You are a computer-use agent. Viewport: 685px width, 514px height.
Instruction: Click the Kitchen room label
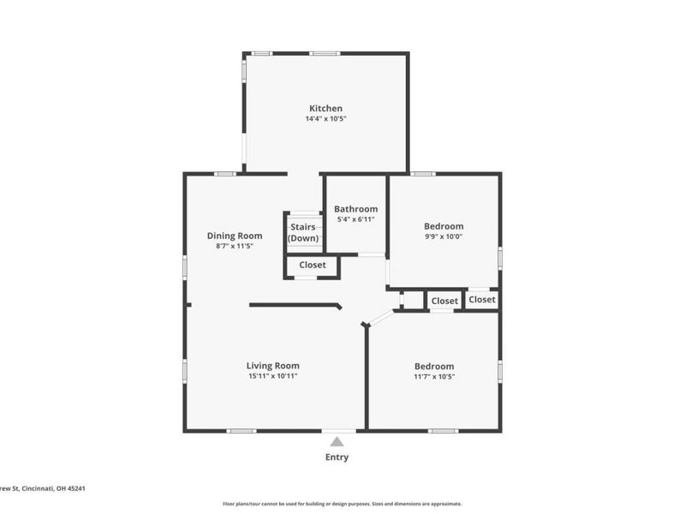point(325,108)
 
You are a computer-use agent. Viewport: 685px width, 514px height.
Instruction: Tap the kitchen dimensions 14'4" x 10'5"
point(325,119)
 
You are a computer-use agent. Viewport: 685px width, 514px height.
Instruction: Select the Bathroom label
point(355,209)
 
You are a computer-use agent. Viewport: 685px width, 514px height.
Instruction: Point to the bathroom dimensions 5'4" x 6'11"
point(355,220)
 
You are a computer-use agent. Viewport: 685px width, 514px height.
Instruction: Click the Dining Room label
point(234,236)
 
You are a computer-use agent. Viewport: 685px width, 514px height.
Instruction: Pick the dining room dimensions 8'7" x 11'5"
point(234,247)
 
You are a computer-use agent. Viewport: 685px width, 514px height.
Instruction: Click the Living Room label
point(272,366)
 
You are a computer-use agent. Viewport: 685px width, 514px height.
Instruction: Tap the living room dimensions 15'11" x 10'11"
point(272,377)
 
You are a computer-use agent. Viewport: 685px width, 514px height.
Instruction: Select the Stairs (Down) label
point(302,232)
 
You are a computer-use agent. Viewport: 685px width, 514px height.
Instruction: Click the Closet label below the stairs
point(312,266)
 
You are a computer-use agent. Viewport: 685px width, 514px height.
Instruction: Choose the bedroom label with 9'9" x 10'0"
point(444,226)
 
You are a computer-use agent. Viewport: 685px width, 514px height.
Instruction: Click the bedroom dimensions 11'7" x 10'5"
point(433,377)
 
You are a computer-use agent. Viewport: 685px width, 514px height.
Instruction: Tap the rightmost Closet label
point(481,300)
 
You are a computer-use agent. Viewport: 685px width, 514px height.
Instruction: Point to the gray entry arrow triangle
point(337,442)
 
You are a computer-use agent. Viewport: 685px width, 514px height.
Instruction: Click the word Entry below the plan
point(337,457)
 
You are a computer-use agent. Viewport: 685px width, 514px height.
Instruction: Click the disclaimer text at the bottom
point(342,504)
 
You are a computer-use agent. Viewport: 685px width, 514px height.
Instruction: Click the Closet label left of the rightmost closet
point(444,301)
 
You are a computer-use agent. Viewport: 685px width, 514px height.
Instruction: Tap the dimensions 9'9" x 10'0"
point(444,237)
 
